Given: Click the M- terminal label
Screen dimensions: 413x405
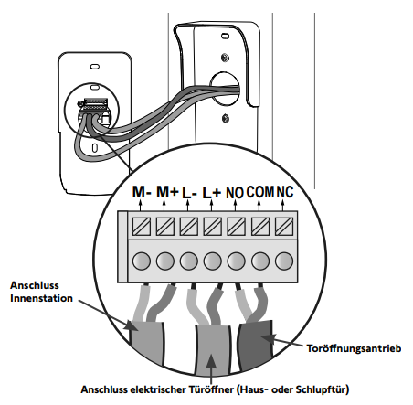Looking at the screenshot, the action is click(x=142, y=192).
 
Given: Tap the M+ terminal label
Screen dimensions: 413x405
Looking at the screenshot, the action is click(x=167, y=192).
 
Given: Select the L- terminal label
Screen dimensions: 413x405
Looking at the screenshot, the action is click(x=189, y=193).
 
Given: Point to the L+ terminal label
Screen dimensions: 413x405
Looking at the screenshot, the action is click(x=212, y=193).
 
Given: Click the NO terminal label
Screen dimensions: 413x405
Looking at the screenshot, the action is click(x=235, y=193).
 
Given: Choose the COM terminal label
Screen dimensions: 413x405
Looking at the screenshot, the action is click(x=260, y=192).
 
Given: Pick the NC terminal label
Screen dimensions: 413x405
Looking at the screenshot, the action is click(x=285, y=192).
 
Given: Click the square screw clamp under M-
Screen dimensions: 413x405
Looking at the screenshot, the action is click(x=142, y=227).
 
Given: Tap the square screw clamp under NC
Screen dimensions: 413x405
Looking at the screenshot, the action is click(x=284, y=227).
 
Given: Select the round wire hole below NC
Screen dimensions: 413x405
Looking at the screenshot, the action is click(x=284, y=261).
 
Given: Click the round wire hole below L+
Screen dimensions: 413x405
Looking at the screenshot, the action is click(x=213, y=261).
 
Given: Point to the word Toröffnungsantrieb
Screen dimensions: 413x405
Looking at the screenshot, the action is click(x=354, y=348).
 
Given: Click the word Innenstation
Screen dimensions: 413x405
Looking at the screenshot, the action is click(x=41, y=298).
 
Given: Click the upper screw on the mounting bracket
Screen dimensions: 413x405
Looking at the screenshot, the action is click(x=225, y=58).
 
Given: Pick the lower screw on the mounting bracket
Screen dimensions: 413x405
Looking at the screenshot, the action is click(x=226, y=118).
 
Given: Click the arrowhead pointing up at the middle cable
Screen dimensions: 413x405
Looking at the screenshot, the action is click(x=211, y=361).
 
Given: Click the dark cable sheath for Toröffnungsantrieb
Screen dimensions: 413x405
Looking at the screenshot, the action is click(x=255, y=345).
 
